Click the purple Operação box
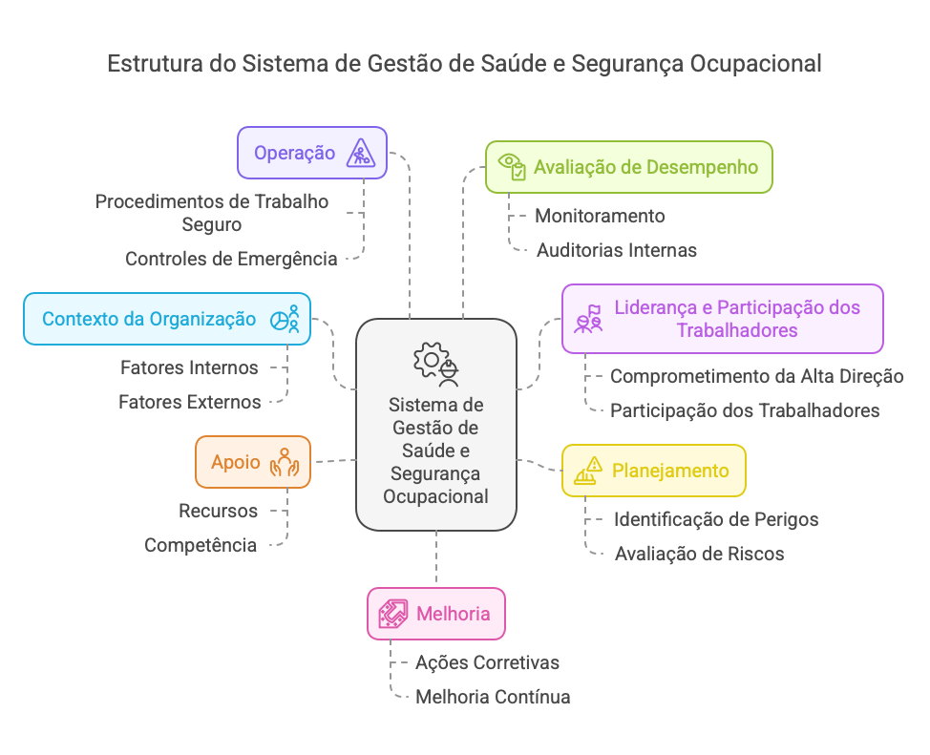(x=312, y=153)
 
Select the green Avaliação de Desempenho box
(x=628, y=167)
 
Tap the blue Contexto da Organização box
(x=167, y=319)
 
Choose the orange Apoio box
(x=253, y=462)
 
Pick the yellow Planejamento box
(x=653, y=470)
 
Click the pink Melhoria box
(x=436, y=613)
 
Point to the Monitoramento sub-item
(x=600, y=216)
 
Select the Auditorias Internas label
(x=616, y=250)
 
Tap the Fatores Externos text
(x=189, y=402)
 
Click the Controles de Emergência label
(x=231, y=259)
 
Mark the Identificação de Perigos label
(x=715, y=520)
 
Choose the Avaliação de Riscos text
(x=699, y=554)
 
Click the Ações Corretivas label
(x=487, y=662)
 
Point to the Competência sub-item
(x=201, y=545)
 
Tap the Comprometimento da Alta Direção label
(x=756, y=376)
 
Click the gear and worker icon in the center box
(x=436, y=363)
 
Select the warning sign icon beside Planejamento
(x=587, y=470)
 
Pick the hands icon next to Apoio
(x=285, y=462)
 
